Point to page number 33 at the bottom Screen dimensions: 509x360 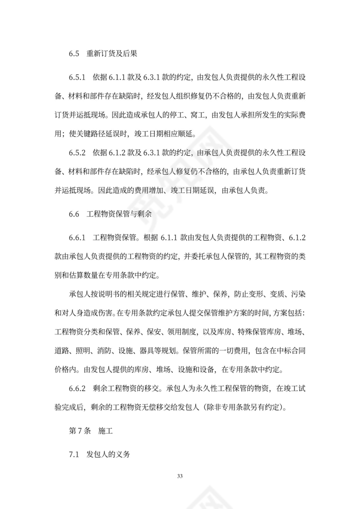[x=180, y=477]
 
